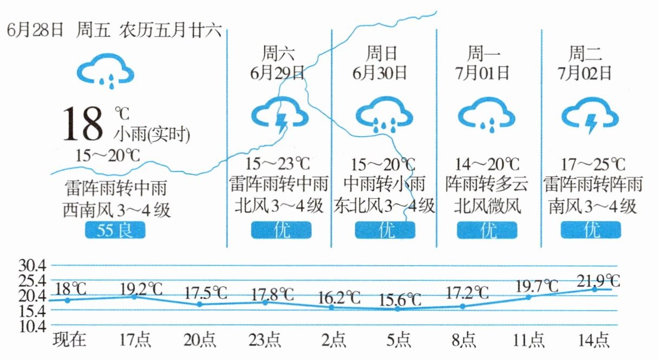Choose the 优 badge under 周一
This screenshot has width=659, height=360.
tap(487, 231)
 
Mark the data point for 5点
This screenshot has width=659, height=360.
tap(397, 309)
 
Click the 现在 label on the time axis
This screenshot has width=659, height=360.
tap(69, 340)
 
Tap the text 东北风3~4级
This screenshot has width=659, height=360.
tap(384, 205)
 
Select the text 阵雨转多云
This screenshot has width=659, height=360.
tap(486, 185)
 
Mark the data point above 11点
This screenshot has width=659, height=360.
tap(528, 297)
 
